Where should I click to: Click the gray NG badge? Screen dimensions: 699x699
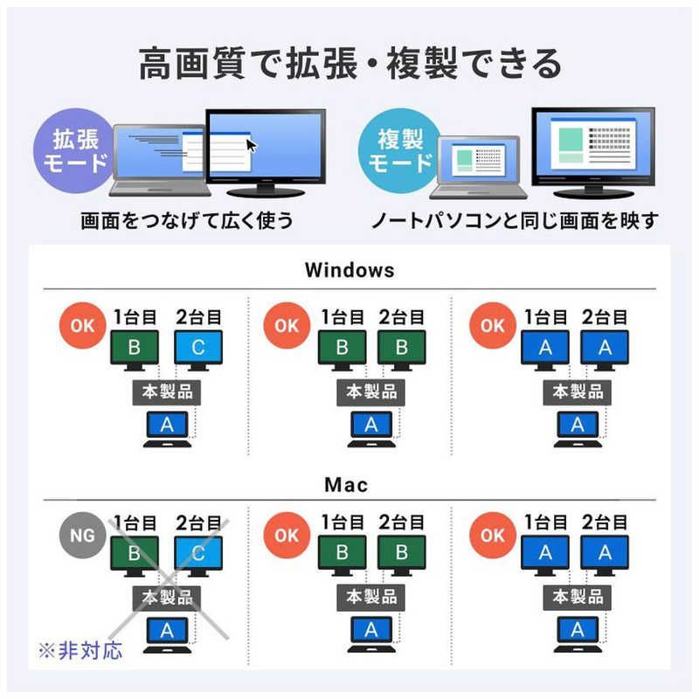coord(82,535)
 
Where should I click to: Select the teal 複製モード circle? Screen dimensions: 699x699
coord(400,150)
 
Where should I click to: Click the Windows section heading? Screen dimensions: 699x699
coord(349,270)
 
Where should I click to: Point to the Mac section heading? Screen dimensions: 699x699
coord(346,485)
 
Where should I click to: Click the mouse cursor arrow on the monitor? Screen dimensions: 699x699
coord(252,145)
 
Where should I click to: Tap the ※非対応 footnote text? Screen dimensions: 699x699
coord(80,651)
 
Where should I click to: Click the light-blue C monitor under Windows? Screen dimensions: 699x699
coord(198,351)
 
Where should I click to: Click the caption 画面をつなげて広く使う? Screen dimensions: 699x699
coord(187,221)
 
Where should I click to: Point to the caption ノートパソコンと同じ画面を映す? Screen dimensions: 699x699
coord(515,221)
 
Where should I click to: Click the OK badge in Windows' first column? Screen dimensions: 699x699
coord(82,325)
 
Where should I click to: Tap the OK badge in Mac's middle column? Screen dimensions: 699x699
coord(287,535)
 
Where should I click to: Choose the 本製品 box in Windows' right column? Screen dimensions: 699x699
coord(578,392)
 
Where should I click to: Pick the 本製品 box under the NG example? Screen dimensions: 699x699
coord(167,598)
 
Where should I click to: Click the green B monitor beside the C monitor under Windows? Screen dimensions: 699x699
coord(135,351)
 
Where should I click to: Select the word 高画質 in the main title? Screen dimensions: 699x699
coord(192,63)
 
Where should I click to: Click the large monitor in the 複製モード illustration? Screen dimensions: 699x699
coord(593,152)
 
